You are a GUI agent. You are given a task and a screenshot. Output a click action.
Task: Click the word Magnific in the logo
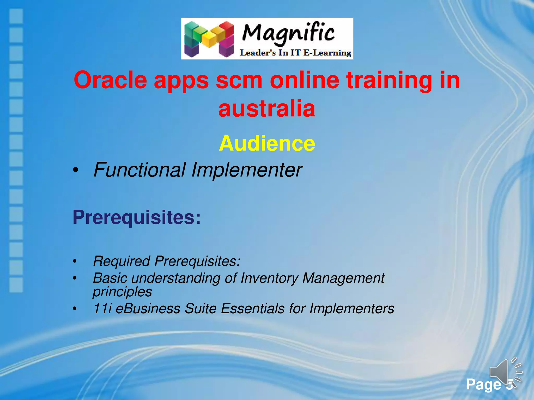(x=288, y=34)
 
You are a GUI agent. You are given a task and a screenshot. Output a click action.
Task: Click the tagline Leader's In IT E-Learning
(x=295, y=53)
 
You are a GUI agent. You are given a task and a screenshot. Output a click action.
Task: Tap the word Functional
(x=139, y=170)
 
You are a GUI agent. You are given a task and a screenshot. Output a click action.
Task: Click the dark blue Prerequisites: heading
(x=137, y=217)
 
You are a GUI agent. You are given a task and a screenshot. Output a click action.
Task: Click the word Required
(x=122, y=261)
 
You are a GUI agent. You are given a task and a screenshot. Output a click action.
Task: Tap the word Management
(x=343, y=278)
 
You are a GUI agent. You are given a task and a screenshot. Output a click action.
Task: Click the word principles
(x=122, y=292)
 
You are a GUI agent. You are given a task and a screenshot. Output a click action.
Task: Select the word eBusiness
(x=148, y=309)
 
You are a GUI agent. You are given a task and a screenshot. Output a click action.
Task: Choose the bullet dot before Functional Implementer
(x=75, y=171)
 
